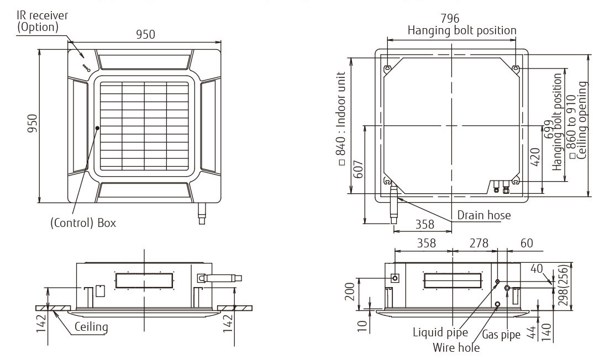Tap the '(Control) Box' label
pos(83,223)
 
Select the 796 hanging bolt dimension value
pos(451,19)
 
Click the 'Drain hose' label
pos(483,215)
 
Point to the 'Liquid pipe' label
pos(440,332)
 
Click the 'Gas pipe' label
pos(501,335)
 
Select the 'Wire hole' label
pos(456,347)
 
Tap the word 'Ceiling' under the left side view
pos(91,327)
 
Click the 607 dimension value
pos(357,174)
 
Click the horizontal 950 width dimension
pos(145,34)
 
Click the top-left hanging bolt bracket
pos(387,68)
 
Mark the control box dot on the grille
pos(97,128)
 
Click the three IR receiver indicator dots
pos(86,67)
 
